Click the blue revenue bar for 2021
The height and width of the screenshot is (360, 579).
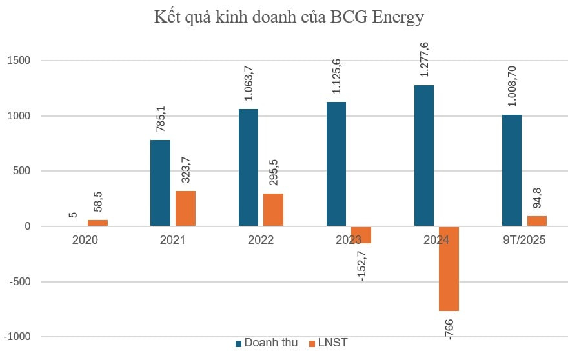pyautogui.click(x=160, y=183)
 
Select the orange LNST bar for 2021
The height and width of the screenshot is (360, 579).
pyautogui.click(x=185, y=208)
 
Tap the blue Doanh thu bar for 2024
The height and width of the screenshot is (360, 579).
pyautogui.click(x=423, y=155)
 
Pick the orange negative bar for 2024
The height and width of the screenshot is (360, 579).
pyautogui.click(x=449, y=268)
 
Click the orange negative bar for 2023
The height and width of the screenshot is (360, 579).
pyautogui.click(x=361, y=235)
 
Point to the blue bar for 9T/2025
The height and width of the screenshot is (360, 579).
pyautogui.click(x=511, y=170)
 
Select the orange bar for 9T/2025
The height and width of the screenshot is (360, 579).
pyautogui.click(x=536, y=221)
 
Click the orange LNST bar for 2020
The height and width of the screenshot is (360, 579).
pyautogui.click(x=97, y=223)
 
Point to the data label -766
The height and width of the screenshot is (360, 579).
pyautogui.click(x=449, y=327)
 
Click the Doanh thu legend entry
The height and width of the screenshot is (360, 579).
pyautogui.click(x=266, y=343)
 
